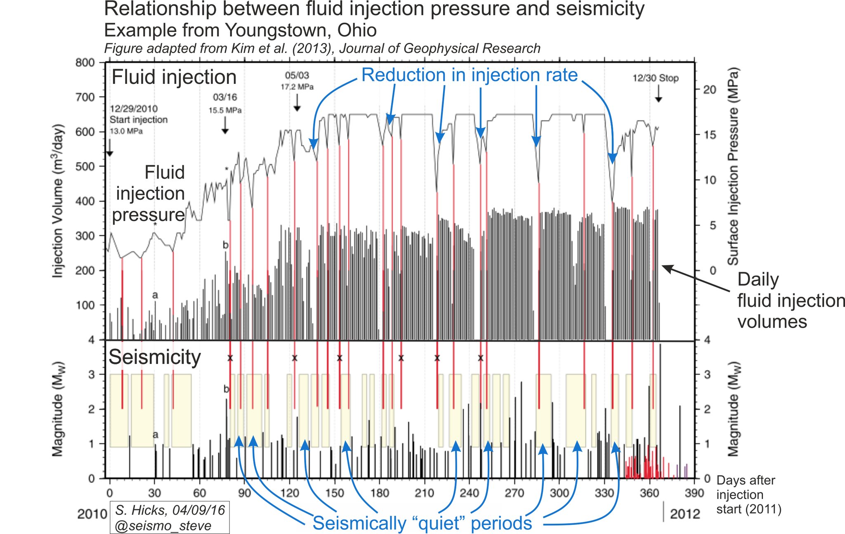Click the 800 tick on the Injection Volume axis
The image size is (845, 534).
[85, 63]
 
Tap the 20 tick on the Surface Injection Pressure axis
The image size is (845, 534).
[709, 90]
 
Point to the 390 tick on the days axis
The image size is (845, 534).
[694, 493]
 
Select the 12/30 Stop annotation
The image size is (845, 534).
[655, 78]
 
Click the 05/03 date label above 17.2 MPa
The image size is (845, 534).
[297, 76]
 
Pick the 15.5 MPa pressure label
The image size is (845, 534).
[225, 110]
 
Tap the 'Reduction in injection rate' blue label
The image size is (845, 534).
[469, 75]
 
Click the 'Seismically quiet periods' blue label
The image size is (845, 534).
[422, 523]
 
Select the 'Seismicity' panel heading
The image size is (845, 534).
[155, 357]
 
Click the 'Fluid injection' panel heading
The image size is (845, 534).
[174, 77]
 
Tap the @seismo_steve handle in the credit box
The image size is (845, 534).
[163, 525]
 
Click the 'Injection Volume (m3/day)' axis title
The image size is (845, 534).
[58, 201]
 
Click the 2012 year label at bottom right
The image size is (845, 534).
[685, 514]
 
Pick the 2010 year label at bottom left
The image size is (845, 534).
[92, 514]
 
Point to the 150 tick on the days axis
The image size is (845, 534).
[334, 493]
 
